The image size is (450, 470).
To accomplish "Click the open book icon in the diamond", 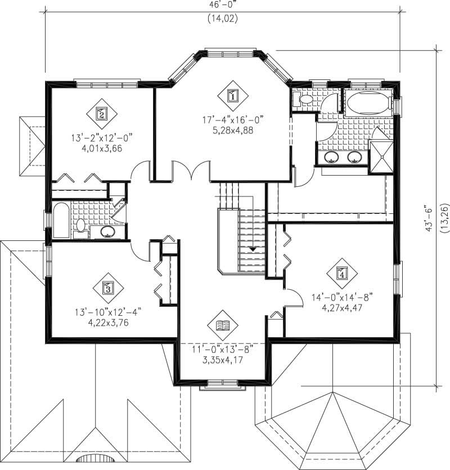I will [223, 325].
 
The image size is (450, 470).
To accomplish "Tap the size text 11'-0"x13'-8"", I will [223, 350].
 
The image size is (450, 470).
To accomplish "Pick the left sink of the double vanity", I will [331, 157].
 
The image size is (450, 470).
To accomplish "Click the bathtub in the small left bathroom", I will [60, 221].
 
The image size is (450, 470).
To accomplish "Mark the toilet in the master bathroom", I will [304, 100].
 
